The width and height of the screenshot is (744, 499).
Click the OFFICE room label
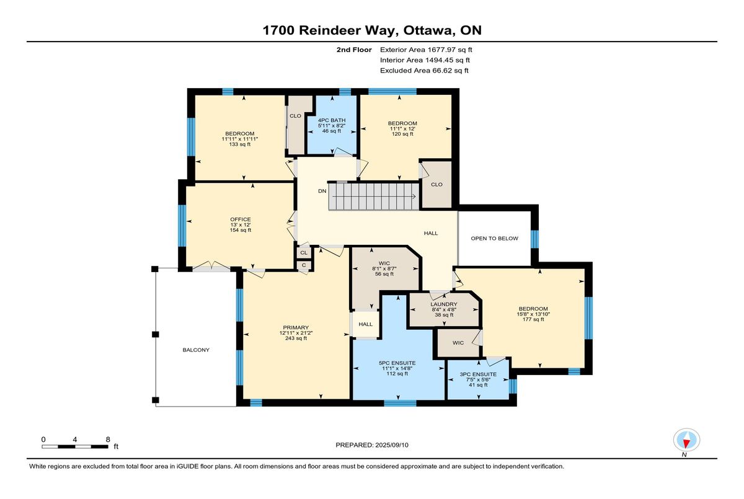pos(241,219)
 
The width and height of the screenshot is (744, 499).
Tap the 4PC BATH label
pos(332,120)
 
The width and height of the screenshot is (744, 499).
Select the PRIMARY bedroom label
pos(296,327)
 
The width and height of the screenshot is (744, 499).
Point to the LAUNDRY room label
pos(444,304)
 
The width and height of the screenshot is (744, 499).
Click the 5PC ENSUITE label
pos(397,363)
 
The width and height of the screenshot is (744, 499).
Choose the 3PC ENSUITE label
pos(478,374)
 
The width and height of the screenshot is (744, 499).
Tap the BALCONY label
pos(196,350)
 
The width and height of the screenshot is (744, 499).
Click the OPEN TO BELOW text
pos(494,239)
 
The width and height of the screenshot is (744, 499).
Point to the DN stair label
pos(322,192)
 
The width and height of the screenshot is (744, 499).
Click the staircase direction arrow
pos(374,197)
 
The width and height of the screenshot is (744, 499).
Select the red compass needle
pos(686,443)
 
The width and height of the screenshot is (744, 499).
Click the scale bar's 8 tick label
pos(108,439)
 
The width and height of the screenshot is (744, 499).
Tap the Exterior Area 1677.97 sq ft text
pos(426,50)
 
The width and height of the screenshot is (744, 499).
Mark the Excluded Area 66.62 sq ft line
pos(424,71)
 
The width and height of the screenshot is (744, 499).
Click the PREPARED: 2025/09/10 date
pos(372,445)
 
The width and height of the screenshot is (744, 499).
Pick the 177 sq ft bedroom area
pos(533,319)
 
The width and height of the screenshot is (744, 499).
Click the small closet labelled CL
pos(304,253)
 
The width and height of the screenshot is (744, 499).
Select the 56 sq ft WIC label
pos(384,274)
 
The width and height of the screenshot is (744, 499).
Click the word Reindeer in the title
pos(347,30)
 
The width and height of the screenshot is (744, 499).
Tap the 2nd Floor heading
pos(354,50)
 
